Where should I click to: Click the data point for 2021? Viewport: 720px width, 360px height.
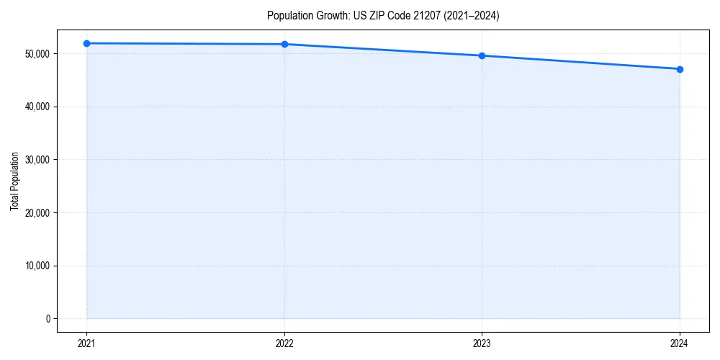click(86, 43)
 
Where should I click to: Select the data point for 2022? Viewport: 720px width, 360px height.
click(284, 45)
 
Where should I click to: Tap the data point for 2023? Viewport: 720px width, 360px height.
click(482, 55)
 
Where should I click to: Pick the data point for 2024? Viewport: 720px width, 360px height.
click(680, 69)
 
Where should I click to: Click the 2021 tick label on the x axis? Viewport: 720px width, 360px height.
click(86, 343)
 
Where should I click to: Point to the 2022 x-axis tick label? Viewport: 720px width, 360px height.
click(284, 343)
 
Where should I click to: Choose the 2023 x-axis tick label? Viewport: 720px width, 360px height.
click(482, 343)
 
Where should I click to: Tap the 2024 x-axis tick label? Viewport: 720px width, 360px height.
click(680, 343)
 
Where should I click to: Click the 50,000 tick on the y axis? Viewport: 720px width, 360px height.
click(37, 54)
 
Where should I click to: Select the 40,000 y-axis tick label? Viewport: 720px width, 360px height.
click(37, 107)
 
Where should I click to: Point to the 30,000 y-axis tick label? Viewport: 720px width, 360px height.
click(37, 160)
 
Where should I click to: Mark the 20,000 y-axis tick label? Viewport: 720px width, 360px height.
click(37, 212)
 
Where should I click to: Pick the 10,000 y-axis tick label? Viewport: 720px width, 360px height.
click(37, 266)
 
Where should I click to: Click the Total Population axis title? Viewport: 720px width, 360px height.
click(14, 181)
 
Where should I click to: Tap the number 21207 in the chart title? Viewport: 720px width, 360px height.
click(430, 16)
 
